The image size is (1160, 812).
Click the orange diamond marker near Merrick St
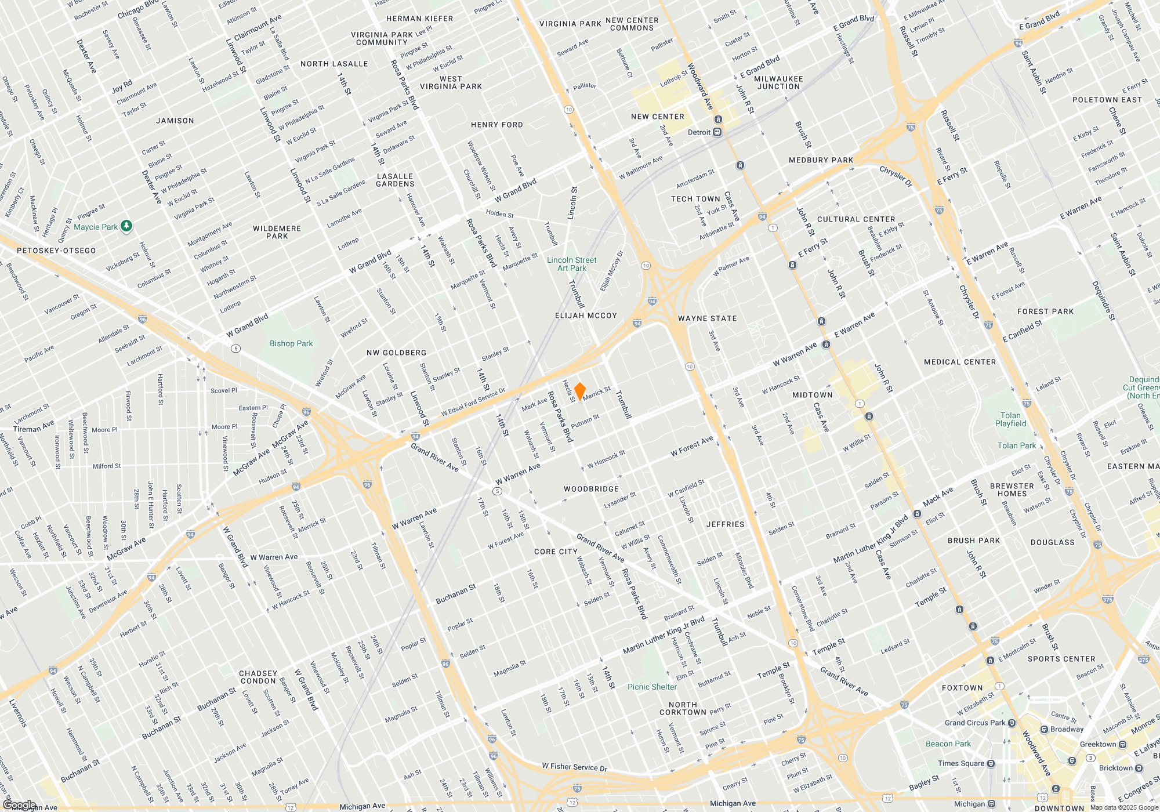coord(579,391)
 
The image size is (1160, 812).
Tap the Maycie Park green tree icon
coord(126,226)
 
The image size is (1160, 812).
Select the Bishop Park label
coord(291,343)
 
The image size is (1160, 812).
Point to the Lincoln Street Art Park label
coord(571,264)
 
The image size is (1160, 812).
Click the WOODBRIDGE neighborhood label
coord(591,489)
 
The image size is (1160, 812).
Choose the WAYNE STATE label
coord(707,318)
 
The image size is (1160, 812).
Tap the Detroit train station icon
coord(717,132)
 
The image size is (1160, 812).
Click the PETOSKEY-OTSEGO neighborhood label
coord(56,251)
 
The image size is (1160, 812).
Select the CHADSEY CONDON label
coord(258,677)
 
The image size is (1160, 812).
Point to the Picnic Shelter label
coord(652,687)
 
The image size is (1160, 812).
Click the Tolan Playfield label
coord(1010,419)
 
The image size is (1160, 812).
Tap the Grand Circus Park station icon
coord(1012,723)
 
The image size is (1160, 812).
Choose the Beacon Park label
coord(948,744)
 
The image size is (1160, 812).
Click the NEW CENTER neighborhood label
coord(657,117)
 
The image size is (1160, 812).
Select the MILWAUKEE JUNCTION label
coord(778,82)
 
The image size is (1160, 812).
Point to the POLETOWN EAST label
coord(1107,100)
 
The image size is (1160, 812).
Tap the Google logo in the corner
coord(19,805)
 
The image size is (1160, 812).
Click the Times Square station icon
coord(991,763)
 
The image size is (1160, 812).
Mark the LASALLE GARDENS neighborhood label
coord(395,180)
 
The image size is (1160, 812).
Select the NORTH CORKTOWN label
coord(683,708)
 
